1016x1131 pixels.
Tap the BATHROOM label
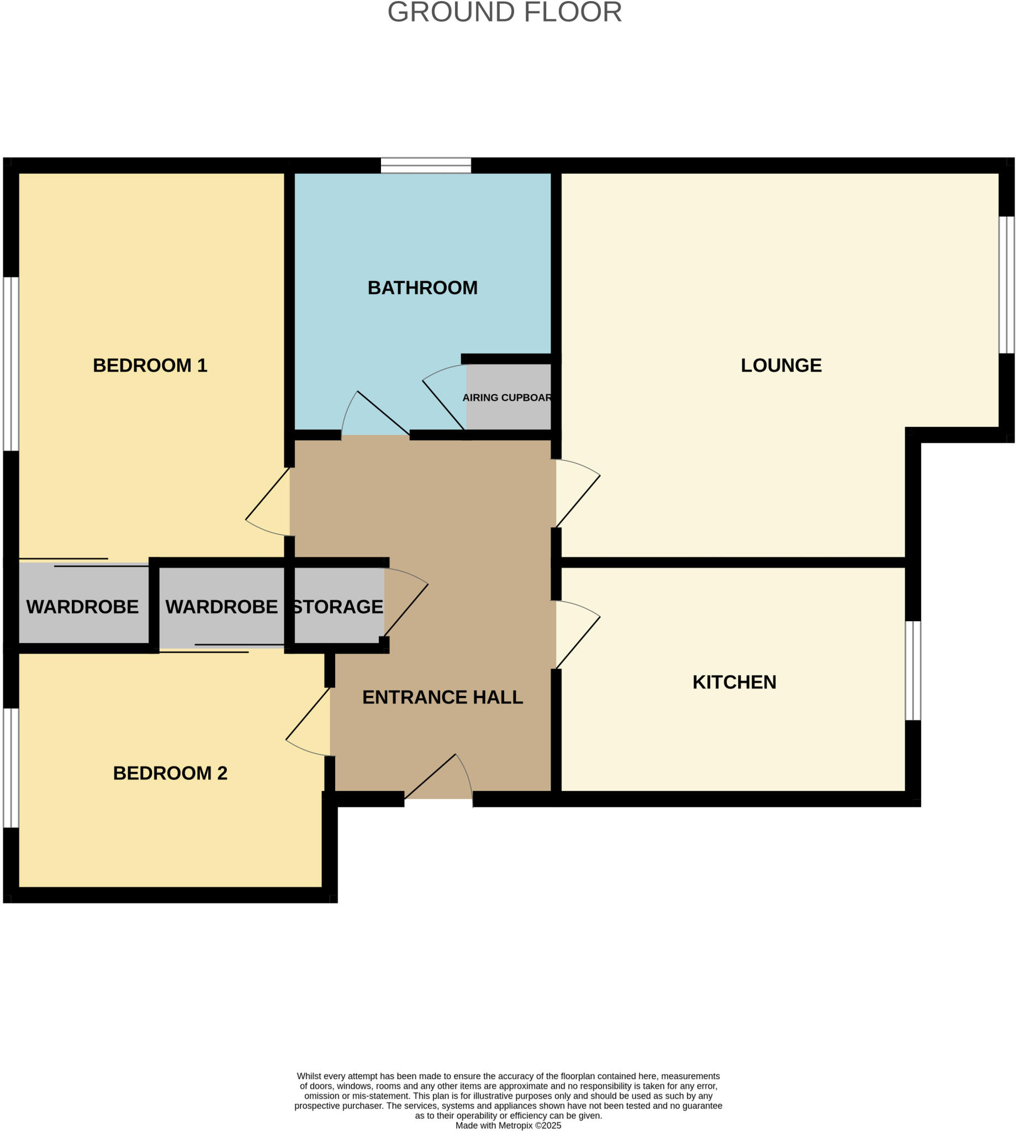[422, 288]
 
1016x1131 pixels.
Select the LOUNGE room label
[781, 366]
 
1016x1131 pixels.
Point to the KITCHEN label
[734, 682]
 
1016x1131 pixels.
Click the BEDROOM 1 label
[150, 366]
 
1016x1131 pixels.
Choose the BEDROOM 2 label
[170, 773]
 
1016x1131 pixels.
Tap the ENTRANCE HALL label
[442, 697]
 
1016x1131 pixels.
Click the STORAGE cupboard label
[338, 607]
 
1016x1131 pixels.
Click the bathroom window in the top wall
[426, 166]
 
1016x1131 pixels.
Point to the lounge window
[1006, 285]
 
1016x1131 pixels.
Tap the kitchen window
[912, 670]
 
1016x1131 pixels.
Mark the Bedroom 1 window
[11, 363]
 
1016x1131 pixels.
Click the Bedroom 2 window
[11, 768]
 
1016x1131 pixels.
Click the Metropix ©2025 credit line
[508, 1125]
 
